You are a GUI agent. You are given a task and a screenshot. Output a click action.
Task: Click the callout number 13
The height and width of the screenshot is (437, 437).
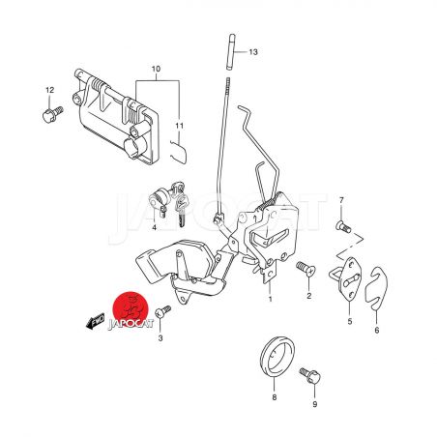[253, 52]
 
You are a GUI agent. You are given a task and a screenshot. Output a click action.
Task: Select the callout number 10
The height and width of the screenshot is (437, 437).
[156, 69]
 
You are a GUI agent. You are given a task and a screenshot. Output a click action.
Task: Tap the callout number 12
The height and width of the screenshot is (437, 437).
[50, 90]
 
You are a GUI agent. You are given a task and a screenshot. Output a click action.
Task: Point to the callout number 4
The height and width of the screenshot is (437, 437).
[155, 228]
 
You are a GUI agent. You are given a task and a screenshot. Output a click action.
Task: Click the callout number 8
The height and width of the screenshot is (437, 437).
[275, 397]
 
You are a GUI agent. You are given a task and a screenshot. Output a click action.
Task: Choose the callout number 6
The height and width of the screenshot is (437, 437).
[377, 331]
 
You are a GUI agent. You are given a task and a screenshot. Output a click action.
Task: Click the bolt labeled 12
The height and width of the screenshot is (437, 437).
[53, 115]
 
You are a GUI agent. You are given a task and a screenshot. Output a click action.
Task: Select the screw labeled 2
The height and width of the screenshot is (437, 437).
[306, 269]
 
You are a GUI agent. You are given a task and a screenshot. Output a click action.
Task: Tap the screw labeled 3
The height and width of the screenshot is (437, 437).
[162, 312]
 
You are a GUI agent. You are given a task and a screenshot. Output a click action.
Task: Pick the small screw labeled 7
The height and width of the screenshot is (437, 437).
[343, 227]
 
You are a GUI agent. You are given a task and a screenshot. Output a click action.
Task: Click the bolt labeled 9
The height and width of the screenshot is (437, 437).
[310, 375]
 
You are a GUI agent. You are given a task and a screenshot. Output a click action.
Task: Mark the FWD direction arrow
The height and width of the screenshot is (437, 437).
[95, 321]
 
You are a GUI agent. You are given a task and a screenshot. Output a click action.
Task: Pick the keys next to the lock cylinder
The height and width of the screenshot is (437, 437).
[178, 203]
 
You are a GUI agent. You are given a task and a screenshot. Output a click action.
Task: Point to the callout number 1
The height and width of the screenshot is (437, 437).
[270, 299]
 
